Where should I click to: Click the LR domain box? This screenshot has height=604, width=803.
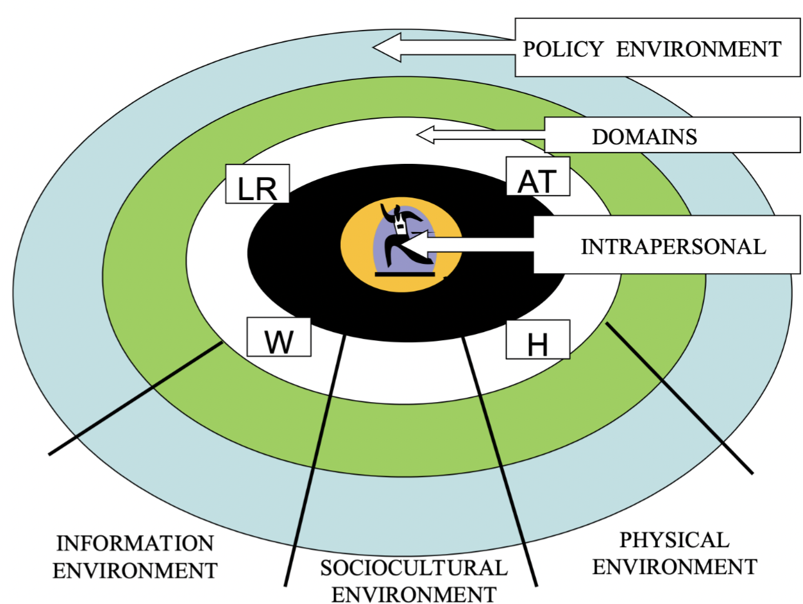coord(257,184)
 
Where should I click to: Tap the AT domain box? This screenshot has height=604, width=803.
coord(537,177)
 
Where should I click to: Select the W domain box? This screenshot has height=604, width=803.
coord(279,338)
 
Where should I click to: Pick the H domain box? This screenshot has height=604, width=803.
coord(537,340)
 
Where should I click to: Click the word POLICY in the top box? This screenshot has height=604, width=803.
coord(563,49)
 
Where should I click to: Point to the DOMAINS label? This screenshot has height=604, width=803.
coord(644,137)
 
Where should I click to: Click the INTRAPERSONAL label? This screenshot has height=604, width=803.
coord(673,246)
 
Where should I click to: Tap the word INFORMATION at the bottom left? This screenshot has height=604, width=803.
coord(135,543)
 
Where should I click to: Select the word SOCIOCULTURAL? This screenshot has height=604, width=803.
coord(413,568)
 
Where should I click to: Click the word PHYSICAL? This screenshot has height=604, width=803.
coord(674,540)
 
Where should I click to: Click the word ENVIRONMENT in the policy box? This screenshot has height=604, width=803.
coord(699,49)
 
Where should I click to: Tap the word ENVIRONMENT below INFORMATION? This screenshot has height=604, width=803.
coord(135,570)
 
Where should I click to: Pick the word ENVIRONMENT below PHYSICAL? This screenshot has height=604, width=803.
coord(674,567)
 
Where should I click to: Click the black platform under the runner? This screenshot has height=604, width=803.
coord(405,274)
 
